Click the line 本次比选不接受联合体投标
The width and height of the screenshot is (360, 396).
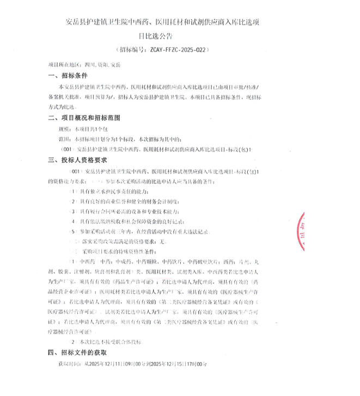click(109, 342)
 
